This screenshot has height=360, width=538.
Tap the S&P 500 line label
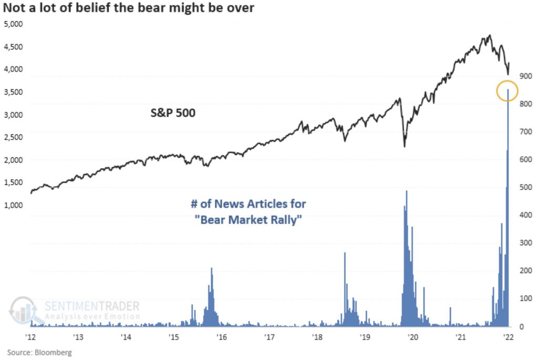click(169, 112)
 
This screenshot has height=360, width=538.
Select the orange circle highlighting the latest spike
click(507, 91)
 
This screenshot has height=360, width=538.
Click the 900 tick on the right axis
click(526, 76)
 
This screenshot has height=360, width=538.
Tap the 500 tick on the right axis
click(526, 188)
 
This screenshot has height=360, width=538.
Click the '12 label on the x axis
click(30, 337)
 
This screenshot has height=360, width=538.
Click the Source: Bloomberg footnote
click(39, 352)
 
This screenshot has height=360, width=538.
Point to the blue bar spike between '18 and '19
click(345, 254)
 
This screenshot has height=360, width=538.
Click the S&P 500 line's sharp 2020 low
click(405, 146)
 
